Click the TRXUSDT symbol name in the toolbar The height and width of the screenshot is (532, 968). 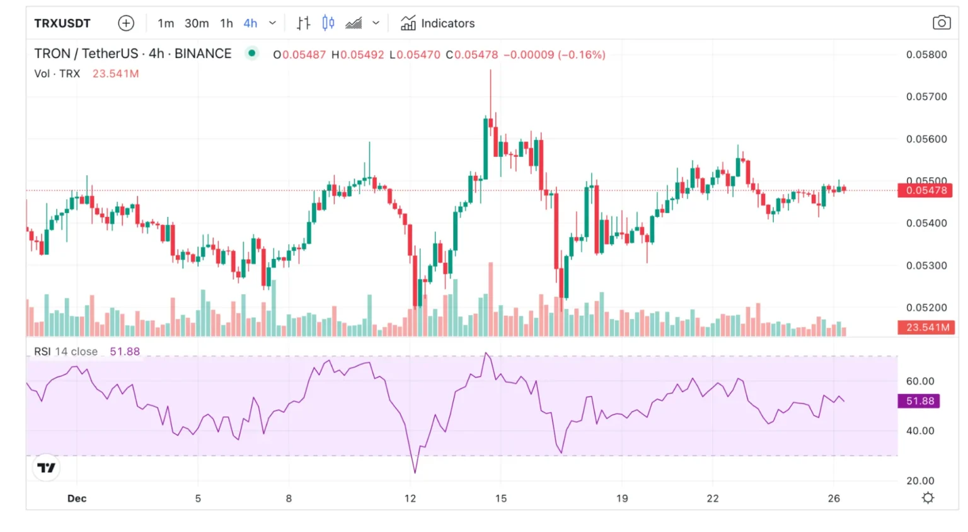pyautogui.click(x=62, y=23)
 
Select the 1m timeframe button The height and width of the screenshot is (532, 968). pyautogui.click(x=166, y=23)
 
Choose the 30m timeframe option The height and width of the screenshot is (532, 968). pyautogui.click(x=197, y=23)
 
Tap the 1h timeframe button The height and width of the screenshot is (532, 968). pyautogui.click(x=226, y=23)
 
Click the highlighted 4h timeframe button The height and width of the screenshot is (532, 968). pyautogui.click(x=250, y=23)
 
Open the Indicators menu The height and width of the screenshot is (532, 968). pyautogui.click(x=438, y=23)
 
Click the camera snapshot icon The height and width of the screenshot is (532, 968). pyautogui.click(x=941, y=23)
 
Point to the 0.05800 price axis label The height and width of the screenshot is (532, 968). pyautogui.click(x=926, y=55)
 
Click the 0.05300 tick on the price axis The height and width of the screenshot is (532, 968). pyautogui.click(x=926, y=265)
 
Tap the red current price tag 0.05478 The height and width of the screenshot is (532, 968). pyautogui.click(x=925, y=190)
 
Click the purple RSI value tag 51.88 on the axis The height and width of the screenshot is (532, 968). pyautogui.click(x=919, y=401)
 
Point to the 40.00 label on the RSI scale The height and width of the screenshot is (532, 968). pyautogui.click(x=919, y=431)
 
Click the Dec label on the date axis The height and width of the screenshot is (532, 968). pyautogui.click(x=77, y=499)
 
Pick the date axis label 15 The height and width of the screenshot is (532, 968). pyautogui.click(x=501, y=499)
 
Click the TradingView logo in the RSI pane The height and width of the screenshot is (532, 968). pyautogui.click(x=46, y=468)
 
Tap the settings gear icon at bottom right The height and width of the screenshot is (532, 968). pyautogui.click(x=928, y=498)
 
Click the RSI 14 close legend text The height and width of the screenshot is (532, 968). pyautogui.click(x=66, y=352)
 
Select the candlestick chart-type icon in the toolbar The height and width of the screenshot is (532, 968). pyautogui.click(x=328, y=23)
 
